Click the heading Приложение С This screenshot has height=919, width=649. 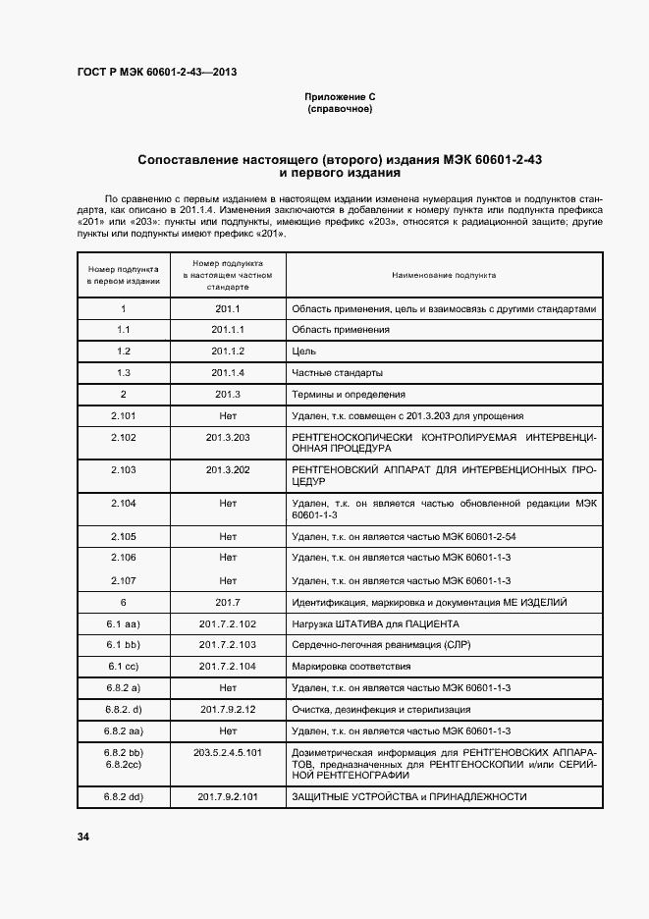(340, 97)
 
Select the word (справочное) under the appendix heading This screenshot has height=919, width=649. (340, 109)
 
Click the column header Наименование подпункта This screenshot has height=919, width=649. (444, 276)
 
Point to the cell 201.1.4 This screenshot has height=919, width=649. (228, 373)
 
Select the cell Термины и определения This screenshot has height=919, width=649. (349, 395)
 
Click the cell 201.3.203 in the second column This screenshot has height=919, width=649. (228, 437)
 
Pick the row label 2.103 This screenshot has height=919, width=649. (124, 470)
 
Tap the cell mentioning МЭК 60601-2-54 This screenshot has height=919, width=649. (403, 537)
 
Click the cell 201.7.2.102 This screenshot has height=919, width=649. (228, 623)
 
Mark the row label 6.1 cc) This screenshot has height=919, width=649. (124, 666)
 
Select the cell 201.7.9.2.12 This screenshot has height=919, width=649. (228, 709)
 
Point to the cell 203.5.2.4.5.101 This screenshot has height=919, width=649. (228, 752)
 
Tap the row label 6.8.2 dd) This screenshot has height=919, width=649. (124, 796)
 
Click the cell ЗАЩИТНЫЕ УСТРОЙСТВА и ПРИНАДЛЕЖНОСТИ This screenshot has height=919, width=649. (409, 796)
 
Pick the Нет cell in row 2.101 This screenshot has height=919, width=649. (228, 416)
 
